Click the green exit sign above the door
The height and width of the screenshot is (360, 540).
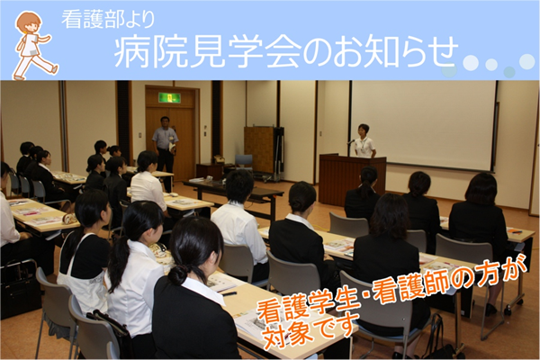click(169, 97)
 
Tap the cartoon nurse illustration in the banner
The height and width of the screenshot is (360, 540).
click(34, 46)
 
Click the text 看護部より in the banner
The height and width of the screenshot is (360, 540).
click(109, 20)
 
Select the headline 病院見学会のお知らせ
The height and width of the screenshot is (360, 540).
click(286, 53)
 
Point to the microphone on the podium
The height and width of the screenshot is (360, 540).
click(351, 141)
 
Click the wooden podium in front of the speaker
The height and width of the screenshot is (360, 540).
click(352, 179)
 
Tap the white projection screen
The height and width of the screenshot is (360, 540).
click(423, 125)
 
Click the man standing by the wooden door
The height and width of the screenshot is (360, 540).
click(165, 145)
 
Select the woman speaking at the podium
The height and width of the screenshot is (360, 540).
click(364, 141)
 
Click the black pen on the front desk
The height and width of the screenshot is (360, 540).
click(229, 293)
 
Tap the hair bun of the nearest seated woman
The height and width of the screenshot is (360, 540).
click(178, 274)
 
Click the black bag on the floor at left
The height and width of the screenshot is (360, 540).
click(19, 290)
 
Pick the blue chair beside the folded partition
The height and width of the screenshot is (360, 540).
click(244, 162)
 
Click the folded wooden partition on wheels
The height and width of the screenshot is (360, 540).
click(264, 153)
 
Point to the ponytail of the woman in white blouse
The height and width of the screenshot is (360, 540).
click(119, 263)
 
